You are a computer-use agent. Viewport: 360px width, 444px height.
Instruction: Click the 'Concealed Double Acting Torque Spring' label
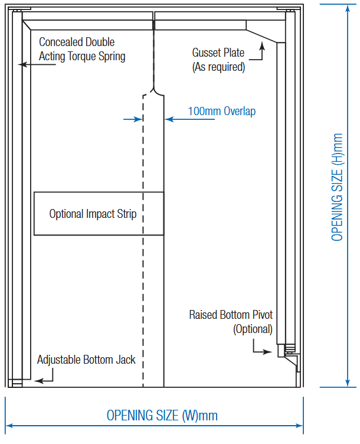pos(82,50)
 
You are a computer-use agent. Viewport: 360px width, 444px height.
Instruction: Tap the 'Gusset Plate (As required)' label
pos(218,60)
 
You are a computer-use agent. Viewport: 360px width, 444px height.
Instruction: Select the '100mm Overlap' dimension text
pos(222,111)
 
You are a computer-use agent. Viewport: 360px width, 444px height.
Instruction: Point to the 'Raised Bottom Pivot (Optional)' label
pos(231,322)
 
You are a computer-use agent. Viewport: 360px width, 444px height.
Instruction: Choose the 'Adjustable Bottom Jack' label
pos(86,360)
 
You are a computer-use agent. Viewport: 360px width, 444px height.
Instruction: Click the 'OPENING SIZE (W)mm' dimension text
pos(162,416)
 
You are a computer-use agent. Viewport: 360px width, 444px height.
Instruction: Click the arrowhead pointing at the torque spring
pos(21,64)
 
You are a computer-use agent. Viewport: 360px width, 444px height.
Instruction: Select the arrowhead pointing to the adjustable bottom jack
pos(37,381)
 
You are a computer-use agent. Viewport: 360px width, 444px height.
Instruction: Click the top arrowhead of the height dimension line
pos(347,8)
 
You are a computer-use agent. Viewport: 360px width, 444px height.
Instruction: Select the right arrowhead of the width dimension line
pos(299,425)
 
